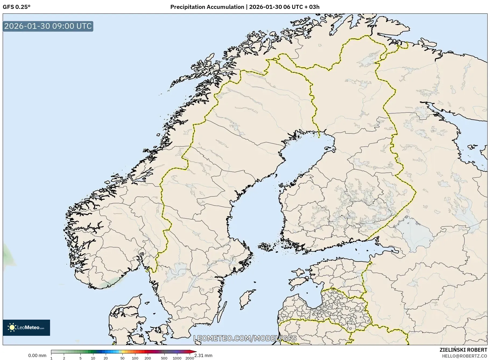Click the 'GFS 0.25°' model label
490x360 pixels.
[x=16, y=7]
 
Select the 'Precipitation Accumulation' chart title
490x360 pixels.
[x=207, y=7]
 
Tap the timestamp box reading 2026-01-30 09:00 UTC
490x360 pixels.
[x=48, y=26]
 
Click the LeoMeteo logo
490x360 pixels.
[x=26, y=327]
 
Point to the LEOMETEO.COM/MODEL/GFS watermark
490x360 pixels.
[x=245, y=338]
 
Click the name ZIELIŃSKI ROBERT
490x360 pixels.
[x=463, y=350]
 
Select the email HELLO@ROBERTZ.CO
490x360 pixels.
[x=464, y=356]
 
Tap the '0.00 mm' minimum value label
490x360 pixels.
[x=37, y=355]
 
